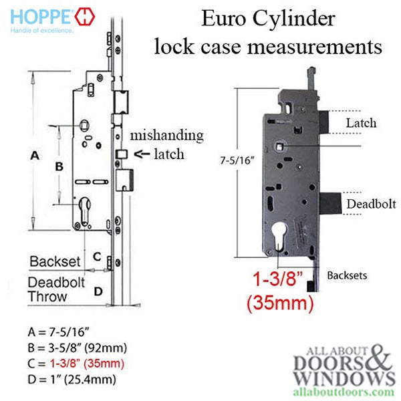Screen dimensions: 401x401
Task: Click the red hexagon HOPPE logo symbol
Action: [85, 17]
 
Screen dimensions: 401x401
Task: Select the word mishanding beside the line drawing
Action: [166, 136]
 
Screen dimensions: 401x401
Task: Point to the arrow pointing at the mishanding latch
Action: [142, 154]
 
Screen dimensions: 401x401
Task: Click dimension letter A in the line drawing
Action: [35, 155]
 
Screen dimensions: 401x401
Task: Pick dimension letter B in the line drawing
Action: [59, 166]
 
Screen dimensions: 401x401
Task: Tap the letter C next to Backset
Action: [97, 257]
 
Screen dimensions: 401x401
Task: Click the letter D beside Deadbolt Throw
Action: [98, 291]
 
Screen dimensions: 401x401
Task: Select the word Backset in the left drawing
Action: [55, 261]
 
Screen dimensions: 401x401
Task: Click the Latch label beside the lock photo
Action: [361, 123]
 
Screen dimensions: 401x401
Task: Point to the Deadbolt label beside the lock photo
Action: [371, 204]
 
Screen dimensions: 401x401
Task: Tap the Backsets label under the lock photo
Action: [347, 275]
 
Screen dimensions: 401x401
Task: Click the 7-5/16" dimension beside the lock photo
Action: [237, 160]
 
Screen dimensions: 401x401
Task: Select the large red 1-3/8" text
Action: [278, 279]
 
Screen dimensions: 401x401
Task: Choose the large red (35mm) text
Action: [280, 303]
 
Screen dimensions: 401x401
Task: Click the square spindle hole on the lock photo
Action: [280, 147]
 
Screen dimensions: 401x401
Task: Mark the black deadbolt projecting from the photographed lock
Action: [330, 204]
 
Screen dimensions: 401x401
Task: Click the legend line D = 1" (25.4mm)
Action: [72, 380]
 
